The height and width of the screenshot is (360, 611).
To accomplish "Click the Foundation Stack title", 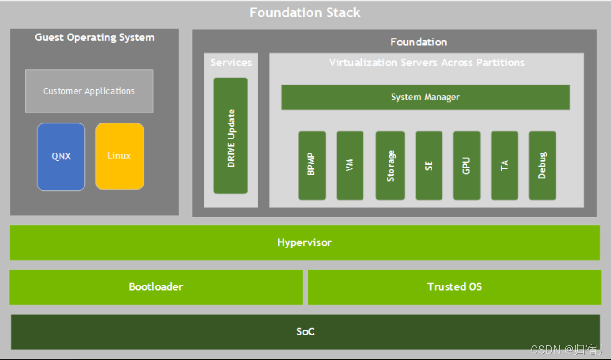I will [x=305, y=12].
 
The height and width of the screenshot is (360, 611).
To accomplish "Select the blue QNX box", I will [x=61, y=157].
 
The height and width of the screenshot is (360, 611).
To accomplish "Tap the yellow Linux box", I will [x=119, y=156].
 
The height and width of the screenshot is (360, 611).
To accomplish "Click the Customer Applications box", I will [x=89, y=91].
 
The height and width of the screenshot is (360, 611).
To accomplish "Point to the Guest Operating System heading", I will [x=94, y=38].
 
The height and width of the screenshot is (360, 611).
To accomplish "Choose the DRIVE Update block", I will [x=231, y=136].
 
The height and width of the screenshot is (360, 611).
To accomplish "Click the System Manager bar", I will [x=425, y=97].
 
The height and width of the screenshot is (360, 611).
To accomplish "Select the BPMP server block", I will [x=312, y=166].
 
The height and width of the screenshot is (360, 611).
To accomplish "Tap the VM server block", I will [x=350, y=166].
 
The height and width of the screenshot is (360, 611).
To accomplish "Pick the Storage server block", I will [x=390, y=166].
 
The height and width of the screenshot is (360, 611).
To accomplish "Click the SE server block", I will [x=429, y=166].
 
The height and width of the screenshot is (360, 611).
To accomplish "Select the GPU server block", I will [x=467, y=166].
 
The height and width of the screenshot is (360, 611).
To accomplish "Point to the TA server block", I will [x=504, y=166].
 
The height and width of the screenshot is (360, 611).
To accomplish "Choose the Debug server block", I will [x=542, y=166].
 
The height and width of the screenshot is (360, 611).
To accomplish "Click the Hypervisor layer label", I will [x=304, y=242].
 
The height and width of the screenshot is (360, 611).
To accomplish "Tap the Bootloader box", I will [x=156, y=287].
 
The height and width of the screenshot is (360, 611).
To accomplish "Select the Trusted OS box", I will [x=454, y=287].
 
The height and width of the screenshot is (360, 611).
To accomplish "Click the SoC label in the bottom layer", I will [x=305, y=332].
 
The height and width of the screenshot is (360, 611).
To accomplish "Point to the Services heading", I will [x=231, y=63].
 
